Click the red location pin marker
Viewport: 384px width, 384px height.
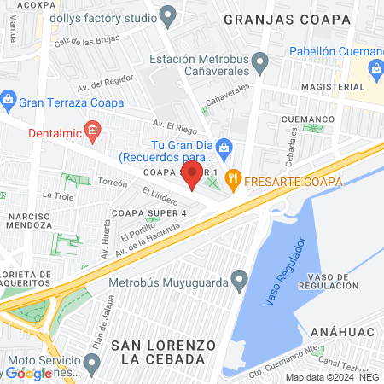(192, 176)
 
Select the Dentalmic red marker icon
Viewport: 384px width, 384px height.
(96, 131)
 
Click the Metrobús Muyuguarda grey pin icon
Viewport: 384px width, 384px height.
(240, 277)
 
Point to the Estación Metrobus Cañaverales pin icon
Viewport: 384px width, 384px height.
(261, 61)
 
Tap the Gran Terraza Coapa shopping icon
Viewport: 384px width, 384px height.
(9, 98)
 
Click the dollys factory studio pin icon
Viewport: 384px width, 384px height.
(168, 16)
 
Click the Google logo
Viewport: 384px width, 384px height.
(29, 373)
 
